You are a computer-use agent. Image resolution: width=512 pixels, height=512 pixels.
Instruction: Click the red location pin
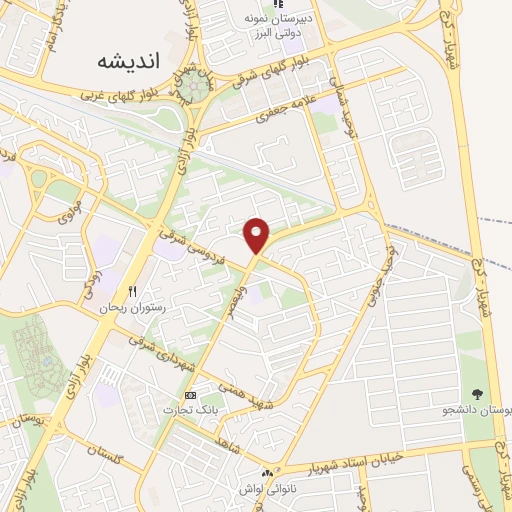pyautogui.click(x=258, y=234)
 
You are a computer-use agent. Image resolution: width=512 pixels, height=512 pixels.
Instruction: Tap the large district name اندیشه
pyautogui.click(x=129, y=59)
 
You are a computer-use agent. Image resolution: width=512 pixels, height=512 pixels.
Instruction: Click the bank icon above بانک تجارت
pyautogui.click(x=190, y=396)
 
